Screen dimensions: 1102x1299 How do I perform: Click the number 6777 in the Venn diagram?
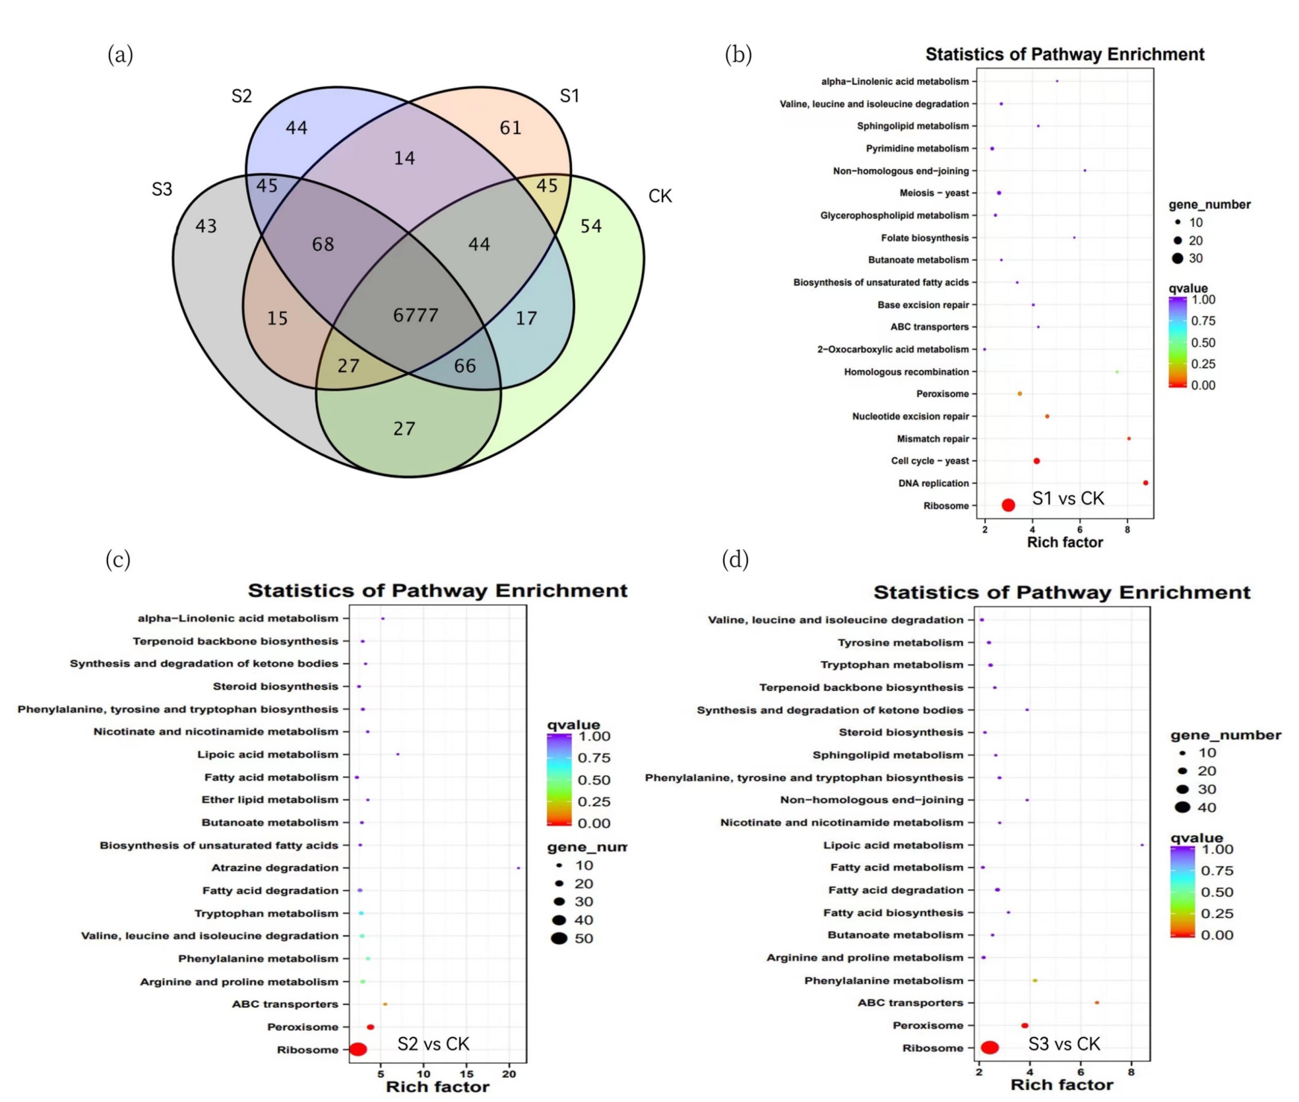[415, 315]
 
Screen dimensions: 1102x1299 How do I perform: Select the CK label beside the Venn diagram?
[660, 196]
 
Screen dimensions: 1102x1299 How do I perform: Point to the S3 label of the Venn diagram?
[161, 189]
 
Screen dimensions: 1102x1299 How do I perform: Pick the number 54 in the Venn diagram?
[591, 226]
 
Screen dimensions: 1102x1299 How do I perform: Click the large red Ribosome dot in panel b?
[1008, 505]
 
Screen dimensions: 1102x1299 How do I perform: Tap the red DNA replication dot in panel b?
[1145, 483]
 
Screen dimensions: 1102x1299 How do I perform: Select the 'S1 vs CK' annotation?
[1067, 498]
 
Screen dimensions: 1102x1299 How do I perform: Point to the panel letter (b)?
[738, 55]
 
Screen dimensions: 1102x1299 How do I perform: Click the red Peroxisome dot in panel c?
[370, 1027]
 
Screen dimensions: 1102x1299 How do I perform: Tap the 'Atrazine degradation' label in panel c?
[275, 868]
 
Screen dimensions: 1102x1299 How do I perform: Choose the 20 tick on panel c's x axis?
[509, 1074]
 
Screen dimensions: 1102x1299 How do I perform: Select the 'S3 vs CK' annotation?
[1064, 1044]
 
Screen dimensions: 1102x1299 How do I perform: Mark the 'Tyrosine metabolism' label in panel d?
[900, 642]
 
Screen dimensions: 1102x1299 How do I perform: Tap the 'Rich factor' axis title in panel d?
[1062, 1085]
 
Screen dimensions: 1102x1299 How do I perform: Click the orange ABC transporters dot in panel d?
[1097, 1003]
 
